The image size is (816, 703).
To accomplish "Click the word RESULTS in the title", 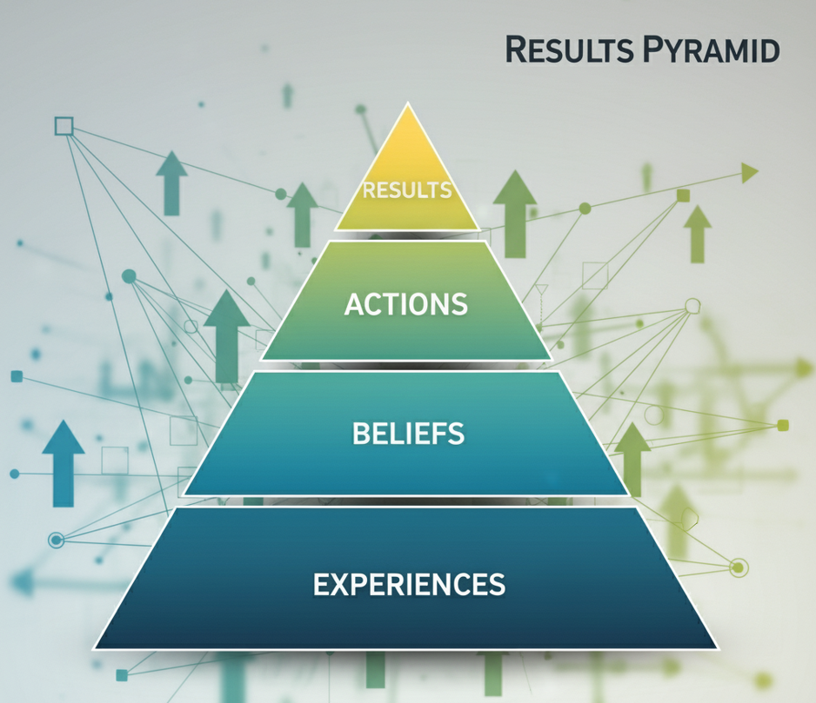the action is click(569, 50).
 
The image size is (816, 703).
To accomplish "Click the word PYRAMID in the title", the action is click(711, 50).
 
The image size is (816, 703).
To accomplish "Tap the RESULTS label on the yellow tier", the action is click(407, 190).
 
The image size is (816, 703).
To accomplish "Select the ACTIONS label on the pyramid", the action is click(406, 304).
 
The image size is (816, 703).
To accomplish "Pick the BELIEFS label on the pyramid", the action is click(409, 433).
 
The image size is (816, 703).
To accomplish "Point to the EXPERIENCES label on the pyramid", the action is click(409, 584).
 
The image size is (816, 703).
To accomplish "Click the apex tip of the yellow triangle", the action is click(408, 103).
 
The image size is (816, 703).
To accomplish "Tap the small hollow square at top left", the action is click(64, 126).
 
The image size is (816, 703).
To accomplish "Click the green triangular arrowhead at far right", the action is click(749, 173).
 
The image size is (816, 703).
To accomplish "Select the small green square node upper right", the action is click(683, 196).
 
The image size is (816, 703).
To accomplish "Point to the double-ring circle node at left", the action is click(57, 541).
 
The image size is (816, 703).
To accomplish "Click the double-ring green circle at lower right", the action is click(738, 567).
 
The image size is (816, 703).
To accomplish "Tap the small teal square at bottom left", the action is click(122, 675).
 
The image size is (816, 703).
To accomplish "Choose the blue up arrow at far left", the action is click(64, 463).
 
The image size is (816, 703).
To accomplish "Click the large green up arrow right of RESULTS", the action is click(515, 213).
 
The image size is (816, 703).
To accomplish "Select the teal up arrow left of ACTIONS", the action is click(227, 336).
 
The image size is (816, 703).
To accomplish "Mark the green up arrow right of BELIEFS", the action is click(632, 459).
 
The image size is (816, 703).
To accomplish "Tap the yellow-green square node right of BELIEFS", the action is click(783, 425).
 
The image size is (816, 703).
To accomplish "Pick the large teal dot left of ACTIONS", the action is click(129, 276).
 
